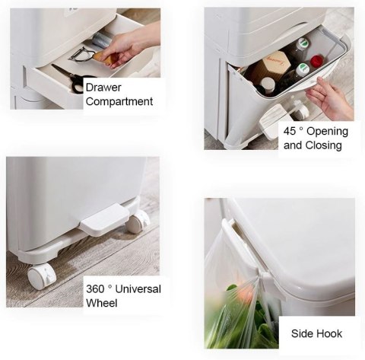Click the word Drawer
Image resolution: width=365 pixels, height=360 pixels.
[x=103, y=88]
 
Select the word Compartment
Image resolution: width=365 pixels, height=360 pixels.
[x=119, y=101]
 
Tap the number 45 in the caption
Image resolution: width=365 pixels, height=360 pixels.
[x=290, y=131]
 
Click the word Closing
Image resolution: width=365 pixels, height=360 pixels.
[x=324, y=145]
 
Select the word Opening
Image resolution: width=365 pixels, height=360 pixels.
[x=327, y=132]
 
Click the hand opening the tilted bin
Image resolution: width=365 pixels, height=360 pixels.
[x=329, y=99]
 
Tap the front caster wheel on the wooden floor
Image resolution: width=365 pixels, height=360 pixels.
[x=42, y=276]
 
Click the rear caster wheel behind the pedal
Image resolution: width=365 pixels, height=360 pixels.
[x=138, y=223]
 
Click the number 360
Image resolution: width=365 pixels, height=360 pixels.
[x=95, y=289]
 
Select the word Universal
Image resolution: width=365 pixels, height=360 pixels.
[x=138, y=289]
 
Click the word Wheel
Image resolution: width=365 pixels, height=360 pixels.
[x=102, y=303]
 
